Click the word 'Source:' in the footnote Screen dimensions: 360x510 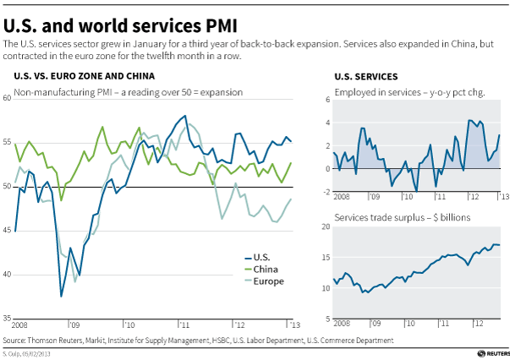[15, 340]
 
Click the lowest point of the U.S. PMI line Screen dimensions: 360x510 [61, 296]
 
